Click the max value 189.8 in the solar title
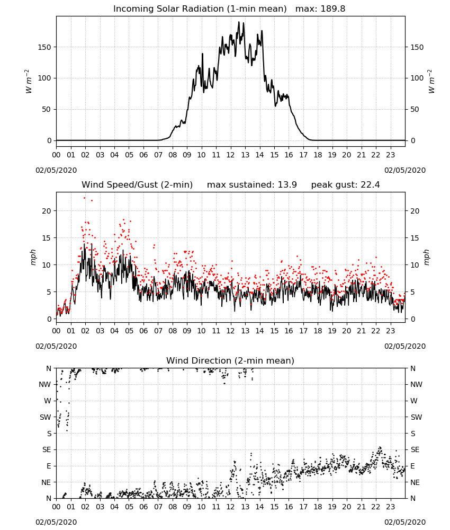click(333, 9)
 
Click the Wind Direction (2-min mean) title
click(230, 360)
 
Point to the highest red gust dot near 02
click(84, 198)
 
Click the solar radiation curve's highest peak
click(239, 22)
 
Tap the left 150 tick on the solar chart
click(44, 47)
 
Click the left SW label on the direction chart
click(46, 417)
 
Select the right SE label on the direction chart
click(415, 449)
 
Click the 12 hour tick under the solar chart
click(231, 155)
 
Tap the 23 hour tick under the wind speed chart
click(391, 331)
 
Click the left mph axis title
click(33, 257)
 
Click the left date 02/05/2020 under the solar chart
click(56, 170)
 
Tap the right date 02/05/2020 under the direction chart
click(405, 522)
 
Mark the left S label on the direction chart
click(49, 434)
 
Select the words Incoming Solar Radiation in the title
click(168, 9)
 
